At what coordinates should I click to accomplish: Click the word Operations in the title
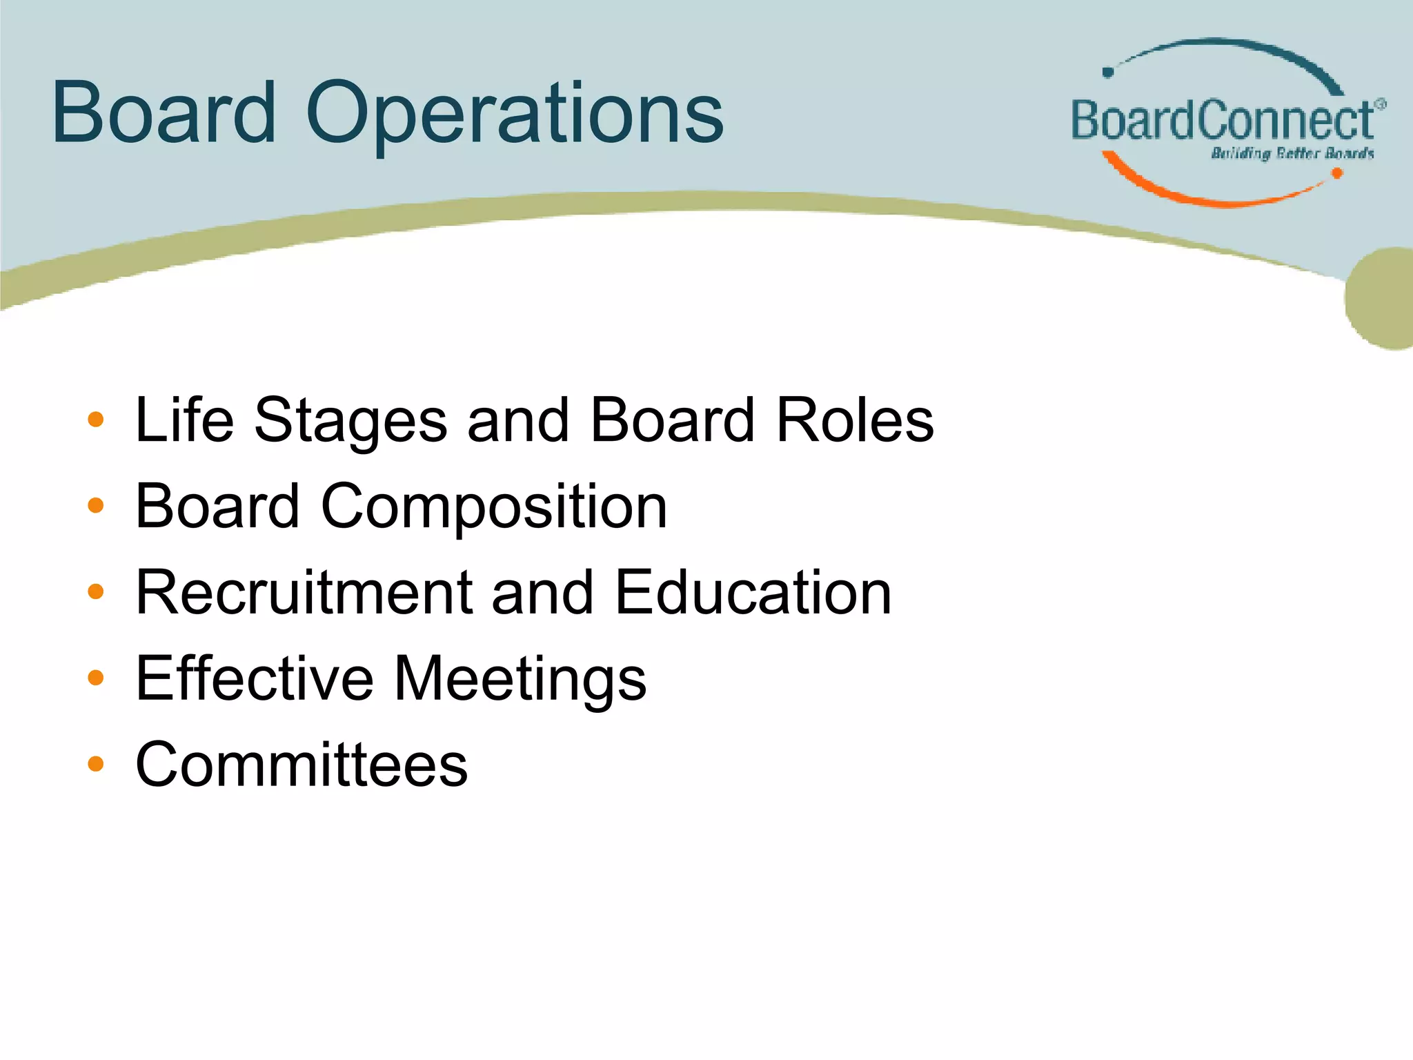[x=515, y=114]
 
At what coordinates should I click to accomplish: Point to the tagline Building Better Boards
[x=1292, y=153]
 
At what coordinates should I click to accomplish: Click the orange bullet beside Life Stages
[x=96, y=420]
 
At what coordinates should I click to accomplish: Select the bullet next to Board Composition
[x=96, y=506]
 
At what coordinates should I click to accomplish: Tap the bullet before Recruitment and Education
[x=96, y=592]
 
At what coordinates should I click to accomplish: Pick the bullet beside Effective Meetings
[x=96, y=678]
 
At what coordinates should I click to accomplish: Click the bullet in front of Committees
[x=96, y=764]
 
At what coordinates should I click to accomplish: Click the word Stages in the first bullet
[x=350, y=421]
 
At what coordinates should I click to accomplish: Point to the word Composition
[x=494, y=507]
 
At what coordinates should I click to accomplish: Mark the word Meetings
[x=520, y=680]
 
